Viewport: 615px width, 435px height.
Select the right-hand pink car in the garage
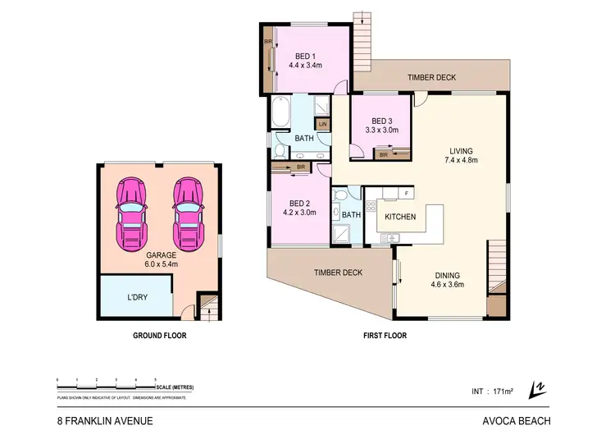tap(188, 213)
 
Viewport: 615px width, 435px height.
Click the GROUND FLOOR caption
tap(159, 336)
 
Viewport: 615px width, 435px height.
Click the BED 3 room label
tap(379, 124)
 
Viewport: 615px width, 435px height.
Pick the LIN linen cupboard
tap(323, 124)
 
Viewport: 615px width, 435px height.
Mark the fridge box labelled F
tap(407, 193)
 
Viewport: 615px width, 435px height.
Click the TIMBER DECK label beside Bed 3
tap(432, 77)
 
